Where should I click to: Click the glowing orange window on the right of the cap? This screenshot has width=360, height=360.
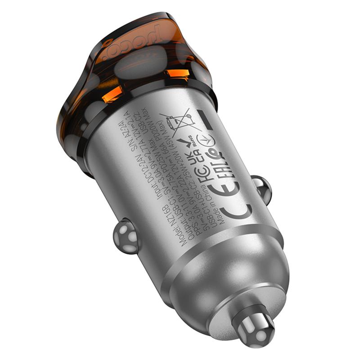coord(176,74)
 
